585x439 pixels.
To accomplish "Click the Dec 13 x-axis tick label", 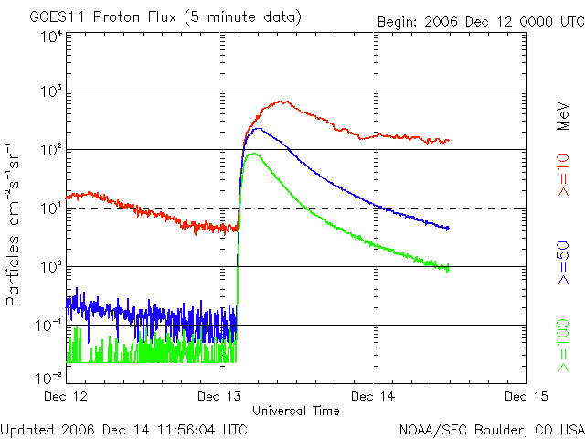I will tap(220, 396).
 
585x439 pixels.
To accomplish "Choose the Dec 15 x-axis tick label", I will tap(526, 396).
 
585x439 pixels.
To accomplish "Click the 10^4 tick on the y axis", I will tap(51, 36).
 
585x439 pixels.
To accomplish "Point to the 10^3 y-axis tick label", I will tap(51, 91).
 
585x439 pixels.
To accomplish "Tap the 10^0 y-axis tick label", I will tap(51, 267).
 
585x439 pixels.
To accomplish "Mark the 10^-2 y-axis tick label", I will tap(49, 378).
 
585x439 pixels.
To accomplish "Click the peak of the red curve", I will tap(284, 102).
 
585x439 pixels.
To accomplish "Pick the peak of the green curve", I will tap(250, 154).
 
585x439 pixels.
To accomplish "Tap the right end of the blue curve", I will tap(447, 228).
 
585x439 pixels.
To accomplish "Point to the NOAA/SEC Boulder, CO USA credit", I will tap(491, 428).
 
